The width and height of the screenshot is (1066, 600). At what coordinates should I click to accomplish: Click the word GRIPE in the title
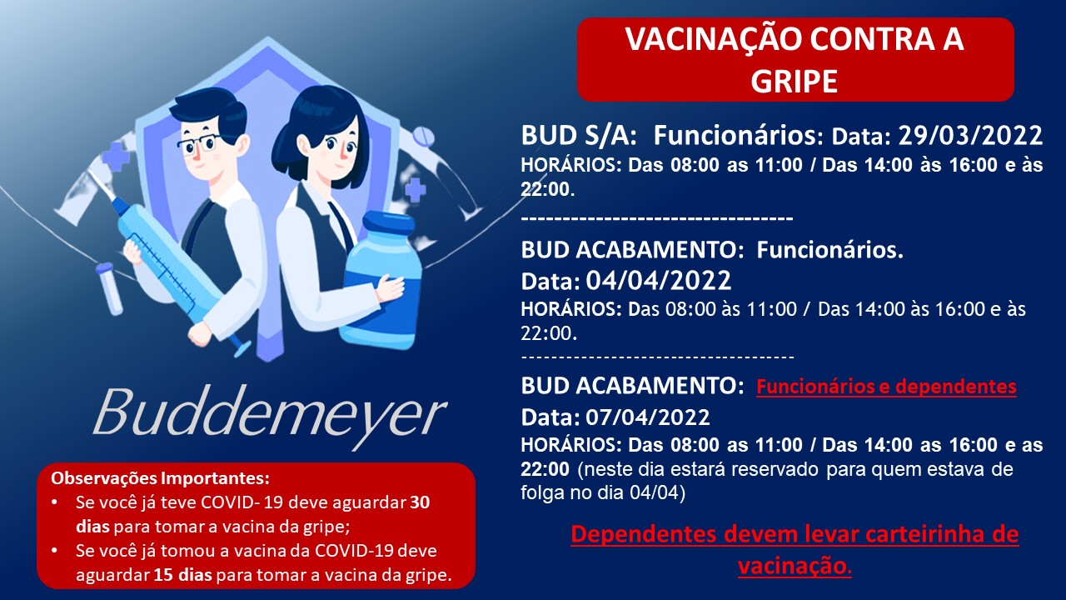pos(794,81)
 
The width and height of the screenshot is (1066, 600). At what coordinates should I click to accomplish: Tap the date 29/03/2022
pos(970,136)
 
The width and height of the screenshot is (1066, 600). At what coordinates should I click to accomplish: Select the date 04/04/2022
pos(658,280)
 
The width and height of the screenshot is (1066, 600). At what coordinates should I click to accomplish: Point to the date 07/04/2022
pos(647,417)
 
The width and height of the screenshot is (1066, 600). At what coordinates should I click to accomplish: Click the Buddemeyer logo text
pos(269,413)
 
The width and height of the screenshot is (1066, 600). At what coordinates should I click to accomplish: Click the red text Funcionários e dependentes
pos(886,387)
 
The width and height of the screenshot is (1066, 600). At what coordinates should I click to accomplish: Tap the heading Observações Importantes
pos(161,478)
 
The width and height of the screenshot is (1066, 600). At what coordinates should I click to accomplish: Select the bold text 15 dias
pos(182,575)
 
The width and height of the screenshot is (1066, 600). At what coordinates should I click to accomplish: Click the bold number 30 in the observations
pos(420,502)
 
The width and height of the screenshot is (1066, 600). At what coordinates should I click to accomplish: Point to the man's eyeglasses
pos(199,143)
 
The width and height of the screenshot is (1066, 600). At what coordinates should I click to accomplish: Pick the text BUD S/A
pos(579,136)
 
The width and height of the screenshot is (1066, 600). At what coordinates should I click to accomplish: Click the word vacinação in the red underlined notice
pos(792,567)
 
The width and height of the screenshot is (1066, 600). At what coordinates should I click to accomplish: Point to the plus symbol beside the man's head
pos(116,156)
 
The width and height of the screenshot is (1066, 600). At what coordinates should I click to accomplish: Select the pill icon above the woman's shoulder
pos(423,137)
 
